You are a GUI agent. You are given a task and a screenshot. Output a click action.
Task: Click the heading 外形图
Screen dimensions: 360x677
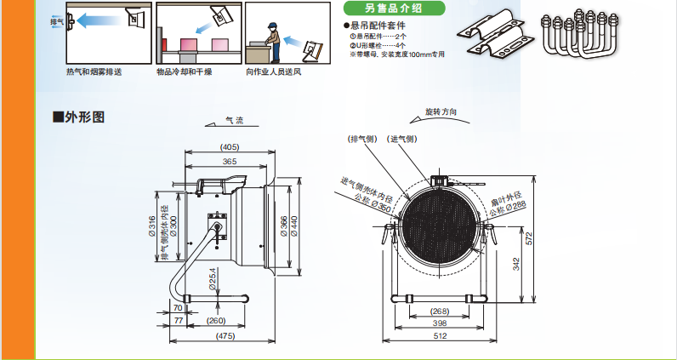tap(83, 117)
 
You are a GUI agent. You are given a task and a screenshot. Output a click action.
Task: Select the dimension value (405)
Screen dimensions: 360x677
tap(230, 146)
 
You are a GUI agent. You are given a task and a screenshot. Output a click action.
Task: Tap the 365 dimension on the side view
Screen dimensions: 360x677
tap(230, 161)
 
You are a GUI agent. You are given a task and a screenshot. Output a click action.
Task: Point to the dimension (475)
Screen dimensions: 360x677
tap(225, 337)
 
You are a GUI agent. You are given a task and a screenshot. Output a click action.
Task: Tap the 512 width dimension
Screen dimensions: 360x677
tap(438, 336)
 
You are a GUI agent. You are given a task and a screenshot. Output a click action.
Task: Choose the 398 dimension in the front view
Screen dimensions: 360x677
tap(439, 323)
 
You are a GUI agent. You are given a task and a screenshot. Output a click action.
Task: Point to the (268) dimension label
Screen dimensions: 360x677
tap(439, 311)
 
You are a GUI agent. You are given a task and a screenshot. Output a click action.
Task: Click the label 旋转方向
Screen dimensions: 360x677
tap(441, 112)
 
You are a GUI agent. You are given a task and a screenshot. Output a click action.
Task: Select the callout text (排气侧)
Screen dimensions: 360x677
tap(362, 139)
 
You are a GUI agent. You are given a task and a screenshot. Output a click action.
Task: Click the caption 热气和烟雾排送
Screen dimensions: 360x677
tap(94, 71)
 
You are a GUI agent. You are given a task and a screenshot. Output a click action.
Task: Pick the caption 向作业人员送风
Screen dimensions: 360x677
tap(274, 71)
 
